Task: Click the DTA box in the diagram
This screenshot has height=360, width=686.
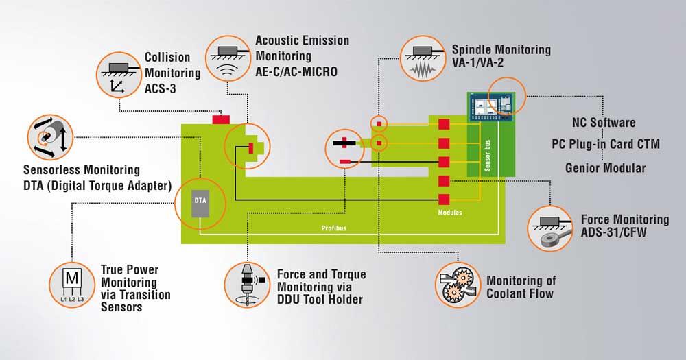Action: (200, 200)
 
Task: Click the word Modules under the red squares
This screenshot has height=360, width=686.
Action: (449, 213)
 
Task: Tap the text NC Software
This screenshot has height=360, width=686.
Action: (604, 123)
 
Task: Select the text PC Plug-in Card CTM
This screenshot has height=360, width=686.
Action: (606, 145)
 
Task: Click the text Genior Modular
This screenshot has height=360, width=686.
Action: (605, 167)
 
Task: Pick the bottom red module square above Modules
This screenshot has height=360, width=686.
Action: (444, 199)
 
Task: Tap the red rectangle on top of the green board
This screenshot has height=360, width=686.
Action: (221, 120)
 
